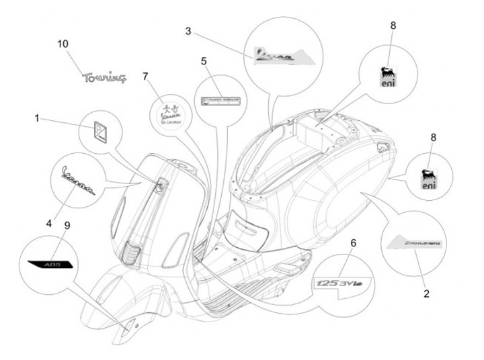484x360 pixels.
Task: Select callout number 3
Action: (x=189, y=31)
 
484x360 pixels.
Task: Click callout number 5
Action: (x=203, y=61)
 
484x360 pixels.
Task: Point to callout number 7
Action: (x=145, y=76)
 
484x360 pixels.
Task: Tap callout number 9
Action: (x=66, y=225)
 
